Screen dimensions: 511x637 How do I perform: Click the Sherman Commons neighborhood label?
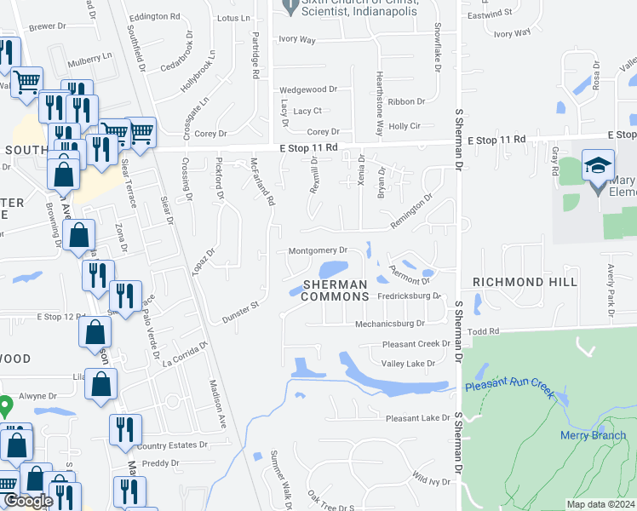coord(336,290)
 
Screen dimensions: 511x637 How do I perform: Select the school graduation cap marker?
coord(598,164)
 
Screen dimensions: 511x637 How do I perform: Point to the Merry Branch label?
coord(593,435)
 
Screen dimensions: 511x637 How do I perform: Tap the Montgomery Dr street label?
coord(318,250)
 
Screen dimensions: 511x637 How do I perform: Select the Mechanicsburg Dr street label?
coord(390,324)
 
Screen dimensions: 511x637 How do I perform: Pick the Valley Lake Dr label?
coord(408,364)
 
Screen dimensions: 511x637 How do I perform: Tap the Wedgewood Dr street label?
coord(309,89)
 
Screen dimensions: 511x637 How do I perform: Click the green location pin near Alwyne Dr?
coord(4,405)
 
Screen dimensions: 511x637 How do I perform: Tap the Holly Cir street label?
coord(405,126)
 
